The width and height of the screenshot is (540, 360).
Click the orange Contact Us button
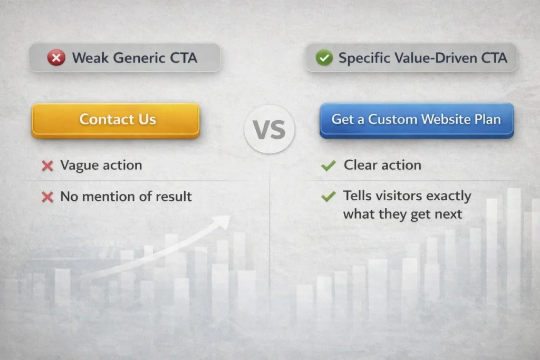pyautogui.click(x=115, y=120)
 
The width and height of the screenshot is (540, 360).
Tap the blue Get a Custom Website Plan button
pyautogui.click(x=416, y=120)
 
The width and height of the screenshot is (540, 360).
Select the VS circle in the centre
pyautogui.click(x=269, y=129)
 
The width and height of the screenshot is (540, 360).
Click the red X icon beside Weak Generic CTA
pyautogui.click(x=56, y=57)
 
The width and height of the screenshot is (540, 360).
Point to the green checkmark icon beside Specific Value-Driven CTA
pyautogui.click(x=324, y=57)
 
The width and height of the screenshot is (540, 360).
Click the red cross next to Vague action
pyautogui.click(x=47, y=166)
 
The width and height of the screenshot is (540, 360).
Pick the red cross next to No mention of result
pyautogui.click(x=47, y=197)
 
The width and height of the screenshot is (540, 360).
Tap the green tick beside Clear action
pyautogui.click(x=328, y=166)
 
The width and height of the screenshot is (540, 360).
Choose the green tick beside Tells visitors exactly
pyautogui.click(x=328, y=197)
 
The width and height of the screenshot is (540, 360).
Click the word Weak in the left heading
pyautogui.click(x=88, y=57)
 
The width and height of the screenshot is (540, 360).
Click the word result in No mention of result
pyautogui.click(x=173, y=197)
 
